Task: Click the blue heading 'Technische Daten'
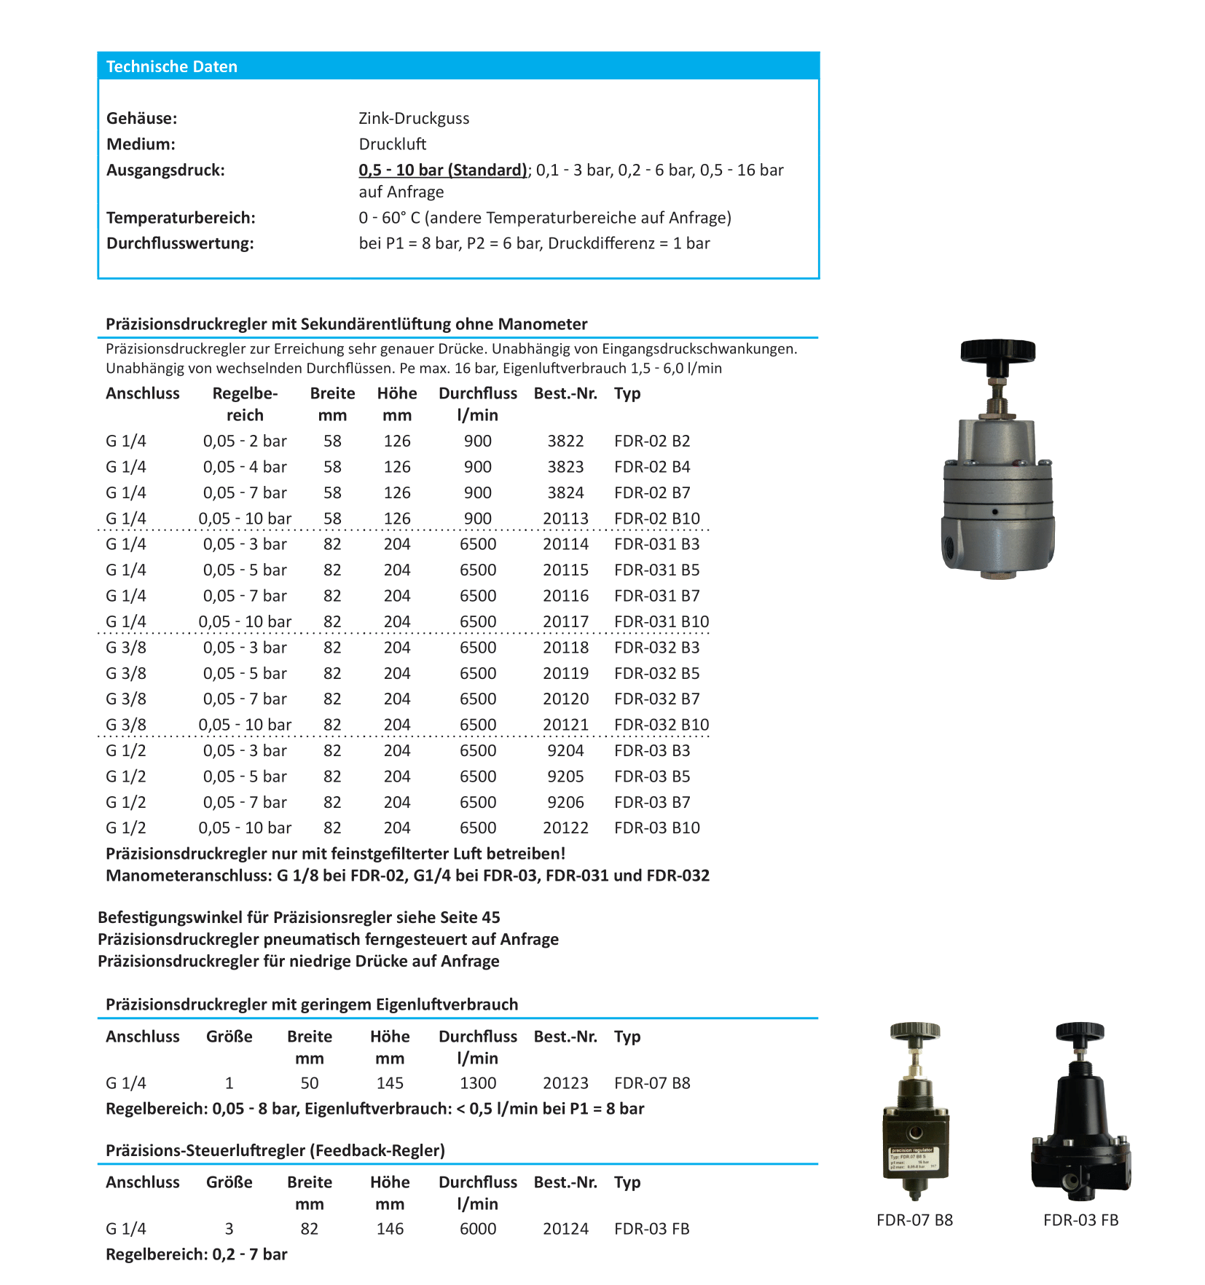point(172,66)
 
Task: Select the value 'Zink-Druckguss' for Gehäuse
point(414,118)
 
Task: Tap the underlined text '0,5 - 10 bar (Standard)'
point(443,170)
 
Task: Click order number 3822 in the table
point(565,441)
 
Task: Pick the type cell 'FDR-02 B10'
point(656,518)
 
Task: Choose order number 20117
point(565,621)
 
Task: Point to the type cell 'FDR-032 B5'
point(656,673)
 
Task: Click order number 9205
point(565,777)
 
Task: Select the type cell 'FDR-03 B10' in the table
point(656,828)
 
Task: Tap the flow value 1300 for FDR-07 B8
point(478,1083)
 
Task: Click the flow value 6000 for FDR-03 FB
point(478,1229)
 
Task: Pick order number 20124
point(565,1229)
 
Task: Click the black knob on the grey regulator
point(997,350)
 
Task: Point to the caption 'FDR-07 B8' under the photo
point(914,1220)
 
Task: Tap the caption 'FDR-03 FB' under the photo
point(1080,1220)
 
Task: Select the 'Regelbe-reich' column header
point(245,404)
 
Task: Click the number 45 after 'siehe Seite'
point(490,917)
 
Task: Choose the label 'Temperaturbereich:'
point(181,218)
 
